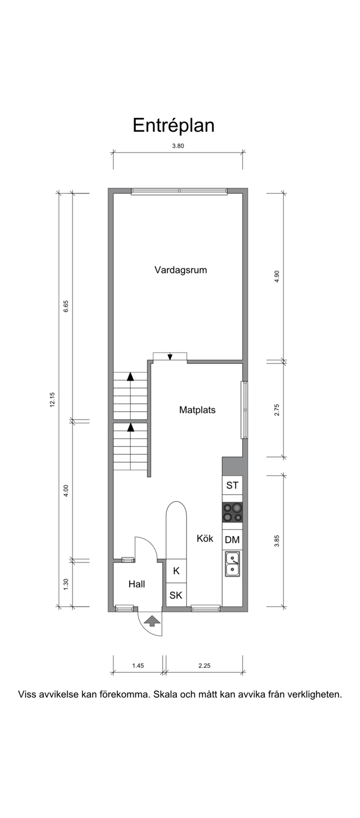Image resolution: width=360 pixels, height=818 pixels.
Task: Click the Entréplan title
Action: [173, 125]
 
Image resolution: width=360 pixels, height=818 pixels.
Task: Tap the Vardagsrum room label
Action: [181, 270]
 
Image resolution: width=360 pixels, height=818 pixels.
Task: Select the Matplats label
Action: [197, 410]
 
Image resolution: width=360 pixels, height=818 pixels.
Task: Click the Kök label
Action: [205, 539]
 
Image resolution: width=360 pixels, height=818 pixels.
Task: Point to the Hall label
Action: [137, 584]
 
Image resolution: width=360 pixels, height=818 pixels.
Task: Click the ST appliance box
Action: [232, 485]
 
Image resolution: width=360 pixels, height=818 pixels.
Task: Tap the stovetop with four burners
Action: [232, 512]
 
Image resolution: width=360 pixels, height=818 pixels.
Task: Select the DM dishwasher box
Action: [232, 539]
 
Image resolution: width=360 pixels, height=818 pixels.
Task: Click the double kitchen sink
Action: [232, 564]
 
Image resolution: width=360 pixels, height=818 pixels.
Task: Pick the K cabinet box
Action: [176, 571]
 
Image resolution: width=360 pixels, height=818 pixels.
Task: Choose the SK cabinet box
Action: [176, 595]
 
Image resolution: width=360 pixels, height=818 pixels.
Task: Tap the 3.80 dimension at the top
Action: [178, 146]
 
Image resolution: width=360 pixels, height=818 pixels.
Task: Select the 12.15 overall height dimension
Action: [52, 399]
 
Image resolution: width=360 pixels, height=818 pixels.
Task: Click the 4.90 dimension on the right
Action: [277, 277]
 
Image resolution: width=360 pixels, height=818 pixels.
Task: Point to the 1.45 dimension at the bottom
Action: [138, 666]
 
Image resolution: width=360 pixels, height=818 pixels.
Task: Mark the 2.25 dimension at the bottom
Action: [204, 666]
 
